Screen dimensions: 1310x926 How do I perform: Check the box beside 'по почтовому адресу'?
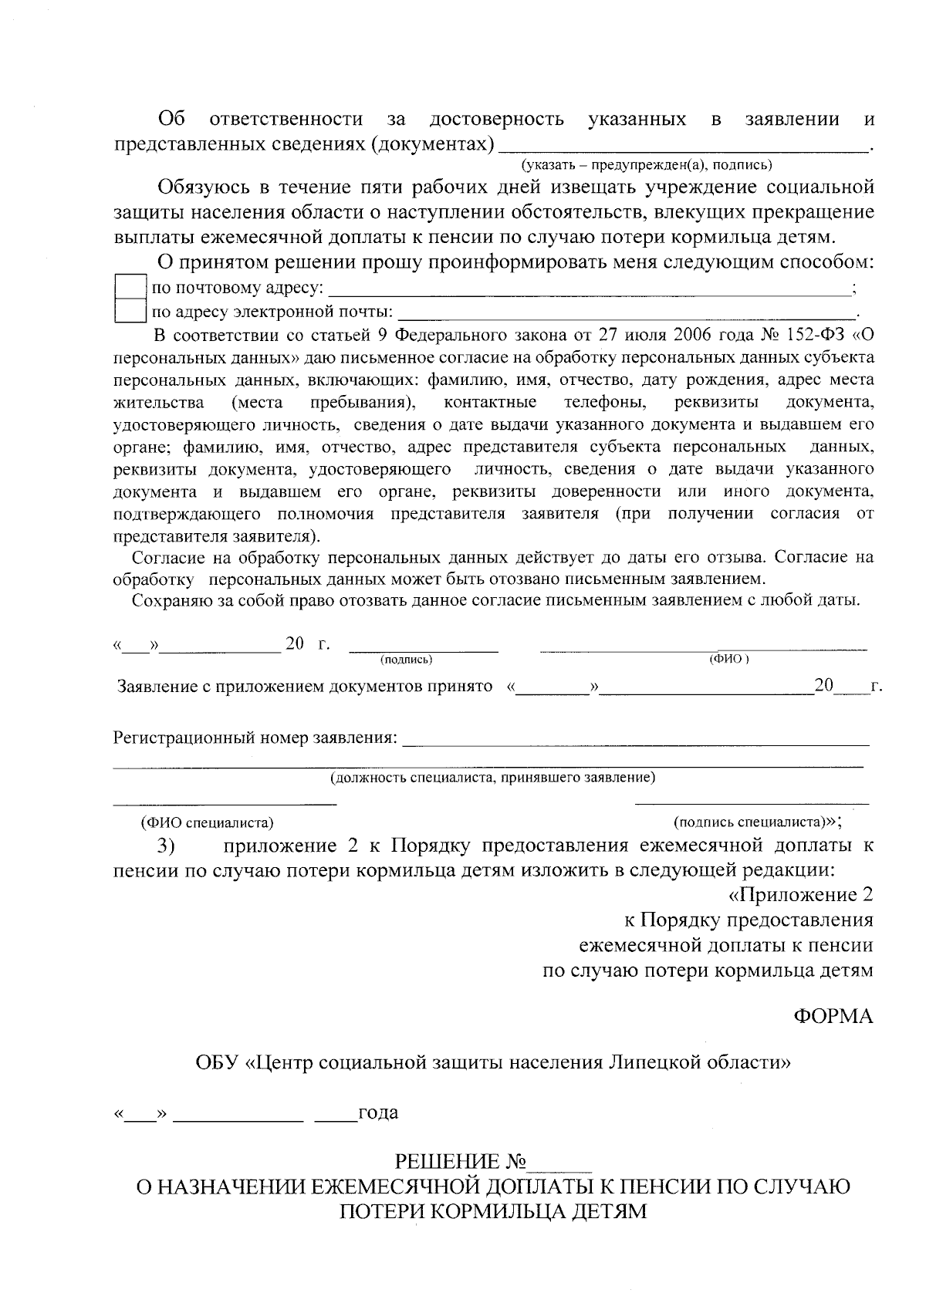tap(130, 289)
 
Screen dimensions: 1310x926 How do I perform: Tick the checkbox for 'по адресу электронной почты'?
tap(130, 312)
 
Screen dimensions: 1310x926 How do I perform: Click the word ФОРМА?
tap(833, 1016)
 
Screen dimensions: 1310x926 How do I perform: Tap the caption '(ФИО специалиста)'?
tap(207, 822)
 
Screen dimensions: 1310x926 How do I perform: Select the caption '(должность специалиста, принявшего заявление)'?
tap(492, 778)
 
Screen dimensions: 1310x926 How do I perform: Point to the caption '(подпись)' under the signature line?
tap(406, 660)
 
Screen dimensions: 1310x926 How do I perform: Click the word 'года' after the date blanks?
tap(377, 1112)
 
